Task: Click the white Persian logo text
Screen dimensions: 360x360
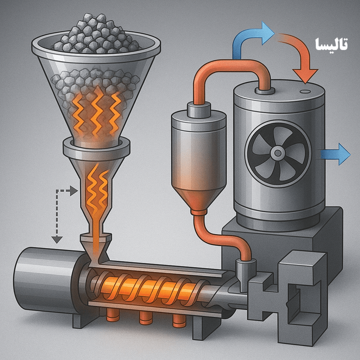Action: (332, 44)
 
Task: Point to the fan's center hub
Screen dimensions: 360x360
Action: (278, 153)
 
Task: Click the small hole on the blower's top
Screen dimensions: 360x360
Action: (305, 91)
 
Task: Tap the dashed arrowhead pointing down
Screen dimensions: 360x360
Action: (57, 239)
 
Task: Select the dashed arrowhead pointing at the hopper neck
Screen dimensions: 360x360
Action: (74, 191)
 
